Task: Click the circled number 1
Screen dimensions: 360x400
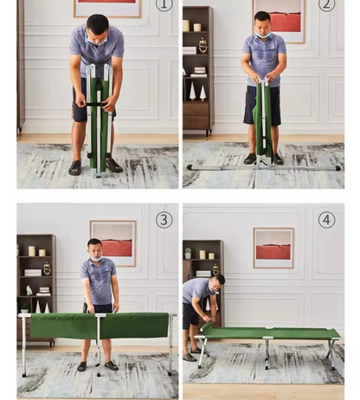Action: coord(164,5)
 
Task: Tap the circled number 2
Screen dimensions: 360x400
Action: coord(326,5)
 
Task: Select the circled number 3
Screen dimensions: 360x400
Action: coord(164,220)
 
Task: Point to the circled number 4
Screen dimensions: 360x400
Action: coord(326,220)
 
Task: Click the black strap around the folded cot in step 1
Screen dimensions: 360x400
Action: coord(98,105)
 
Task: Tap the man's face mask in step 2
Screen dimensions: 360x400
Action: coord(263,35)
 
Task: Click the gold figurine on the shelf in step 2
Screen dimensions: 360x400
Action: coord(202,45)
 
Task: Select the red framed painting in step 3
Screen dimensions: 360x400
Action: coord(112,243)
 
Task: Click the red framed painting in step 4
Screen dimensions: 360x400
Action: coord(273,248)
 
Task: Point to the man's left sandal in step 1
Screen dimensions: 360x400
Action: coord(114,165)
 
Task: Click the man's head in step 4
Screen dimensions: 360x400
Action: coord(218,283)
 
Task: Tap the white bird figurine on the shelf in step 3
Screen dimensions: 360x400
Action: coord(29,290)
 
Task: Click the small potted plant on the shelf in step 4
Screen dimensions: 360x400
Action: coord(188,253)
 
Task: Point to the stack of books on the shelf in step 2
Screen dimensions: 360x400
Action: coord(199,72)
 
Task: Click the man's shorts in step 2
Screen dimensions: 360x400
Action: coord(262,106)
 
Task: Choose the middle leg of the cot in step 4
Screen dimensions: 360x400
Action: coord(267,353)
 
